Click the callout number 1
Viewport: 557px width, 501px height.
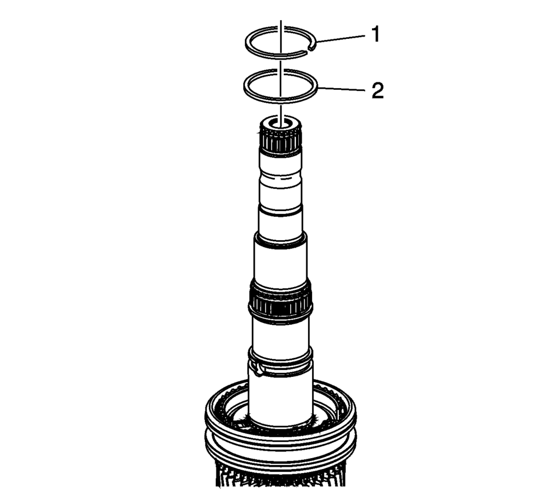(375, 35)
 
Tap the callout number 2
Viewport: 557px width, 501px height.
(378, 90)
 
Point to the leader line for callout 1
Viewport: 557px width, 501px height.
(341, 39)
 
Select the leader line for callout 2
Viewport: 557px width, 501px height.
(341, 89)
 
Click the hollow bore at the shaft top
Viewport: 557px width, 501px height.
(281, 124)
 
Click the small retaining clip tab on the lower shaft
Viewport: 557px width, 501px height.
(258, 368)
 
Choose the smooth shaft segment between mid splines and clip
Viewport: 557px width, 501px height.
(281, 334)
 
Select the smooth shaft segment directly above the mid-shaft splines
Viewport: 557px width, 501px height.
(281, 261)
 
